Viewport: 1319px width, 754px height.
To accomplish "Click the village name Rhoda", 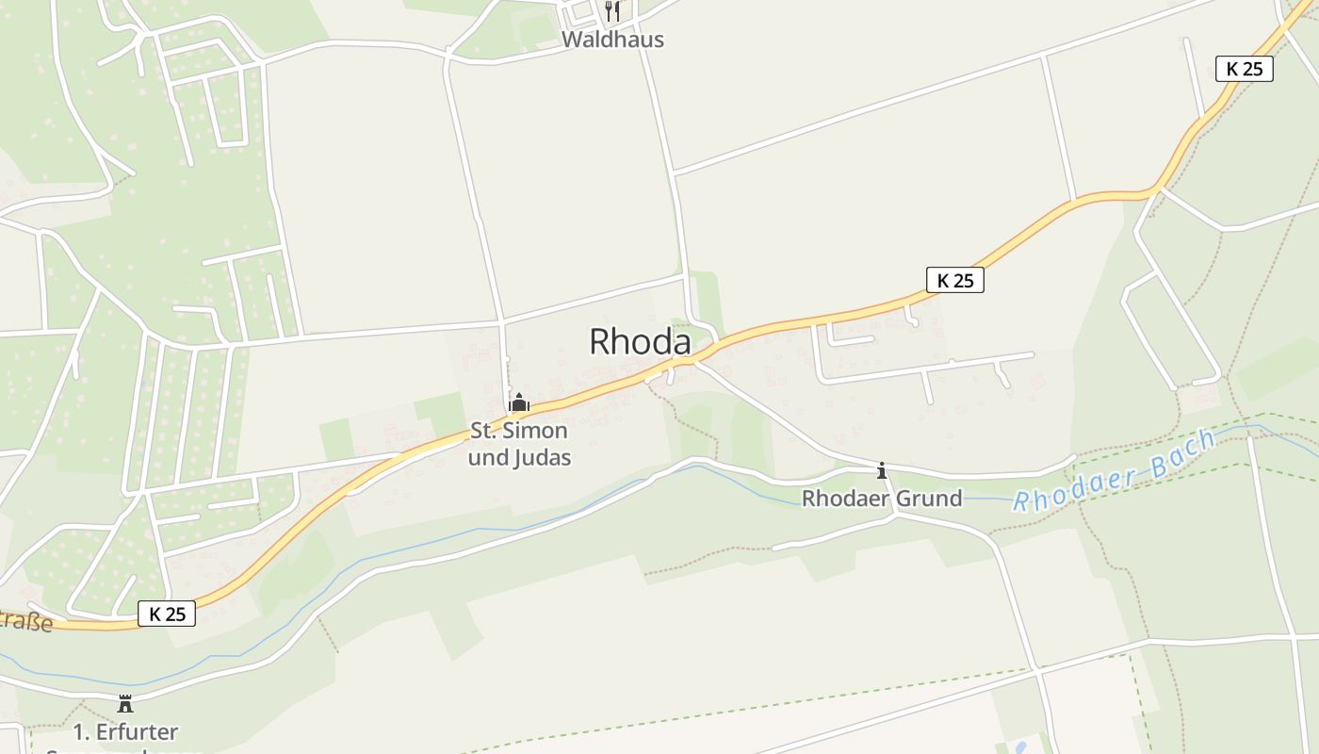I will pos(640,341).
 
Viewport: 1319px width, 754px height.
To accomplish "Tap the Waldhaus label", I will pos(612,40).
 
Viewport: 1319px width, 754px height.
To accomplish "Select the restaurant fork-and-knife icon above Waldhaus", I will pos(612,11).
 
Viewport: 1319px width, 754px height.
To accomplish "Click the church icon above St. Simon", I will pos(518,403).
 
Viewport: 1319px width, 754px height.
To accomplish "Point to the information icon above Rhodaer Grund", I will pos(882,470).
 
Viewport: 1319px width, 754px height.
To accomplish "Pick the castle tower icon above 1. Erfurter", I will pos(124,703).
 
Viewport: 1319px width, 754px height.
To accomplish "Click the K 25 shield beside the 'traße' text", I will pos(167,615).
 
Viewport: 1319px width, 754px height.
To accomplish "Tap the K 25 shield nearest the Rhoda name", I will pos(955,280).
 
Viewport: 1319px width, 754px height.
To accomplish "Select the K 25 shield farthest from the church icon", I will pos(1245,69).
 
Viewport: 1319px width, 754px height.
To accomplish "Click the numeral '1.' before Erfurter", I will pos(81,731).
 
